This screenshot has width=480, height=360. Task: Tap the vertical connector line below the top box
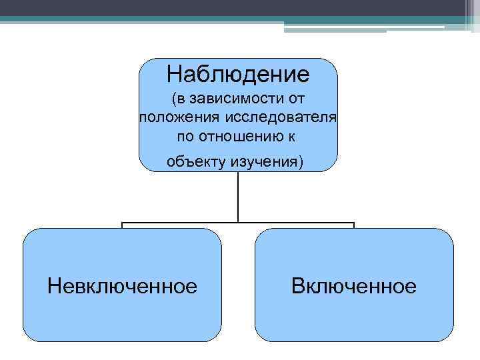[x=239, y=197]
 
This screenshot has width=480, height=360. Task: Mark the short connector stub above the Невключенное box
[x=123, y=225]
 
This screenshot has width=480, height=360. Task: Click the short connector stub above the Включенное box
[x=354, y=225]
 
